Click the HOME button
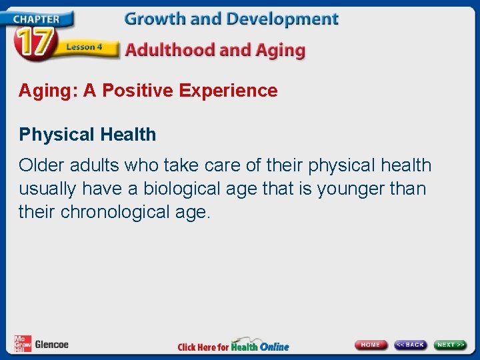[x=371, y=345]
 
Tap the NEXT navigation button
[x=451, y=345]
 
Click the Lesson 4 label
[x=84, y=47]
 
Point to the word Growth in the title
[x=155, y=19]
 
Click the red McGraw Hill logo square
[x=23, y=344]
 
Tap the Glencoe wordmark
[x=51, y=345]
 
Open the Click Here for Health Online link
[x=233, y=346]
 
